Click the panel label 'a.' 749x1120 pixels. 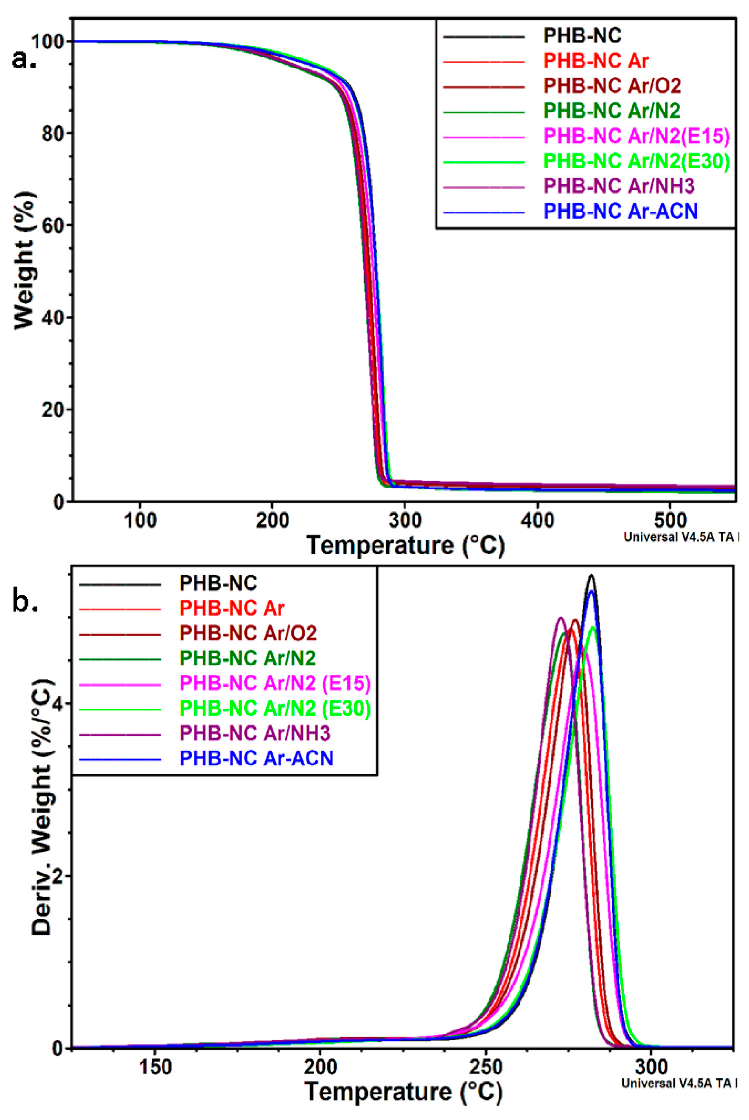click(x=24, y=59)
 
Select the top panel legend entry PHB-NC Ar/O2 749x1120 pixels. click(x=612, y=86)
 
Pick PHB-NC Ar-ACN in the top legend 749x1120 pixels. click(x=620, y=211)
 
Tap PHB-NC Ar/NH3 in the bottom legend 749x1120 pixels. click(x=255, y=733)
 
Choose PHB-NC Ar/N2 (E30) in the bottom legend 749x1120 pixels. click(x=275, y=708)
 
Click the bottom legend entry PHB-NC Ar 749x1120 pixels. click(x=232, y=609)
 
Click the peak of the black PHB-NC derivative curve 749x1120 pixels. click(x=592, y=575)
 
